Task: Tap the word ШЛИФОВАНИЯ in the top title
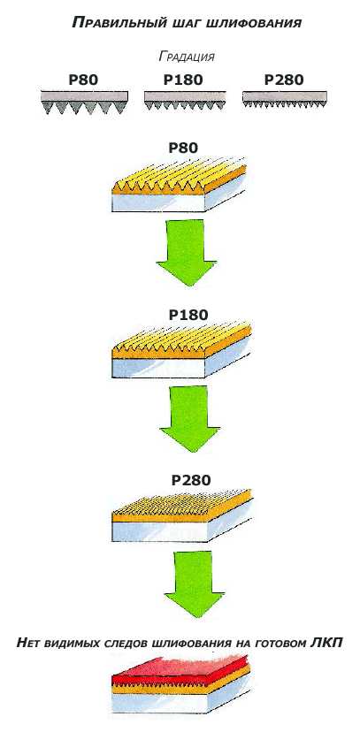255,22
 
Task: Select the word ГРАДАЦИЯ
187,57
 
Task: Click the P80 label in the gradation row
83,80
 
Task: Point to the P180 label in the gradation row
183,80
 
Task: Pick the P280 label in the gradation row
284,80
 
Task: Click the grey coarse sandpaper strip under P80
85,103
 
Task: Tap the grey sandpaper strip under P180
185,100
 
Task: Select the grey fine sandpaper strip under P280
284,98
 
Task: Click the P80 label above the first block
183,148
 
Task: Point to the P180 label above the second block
188,315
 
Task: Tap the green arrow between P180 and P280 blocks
189,418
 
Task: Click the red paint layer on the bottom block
182,669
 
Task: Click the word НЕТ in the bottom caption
31,643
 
